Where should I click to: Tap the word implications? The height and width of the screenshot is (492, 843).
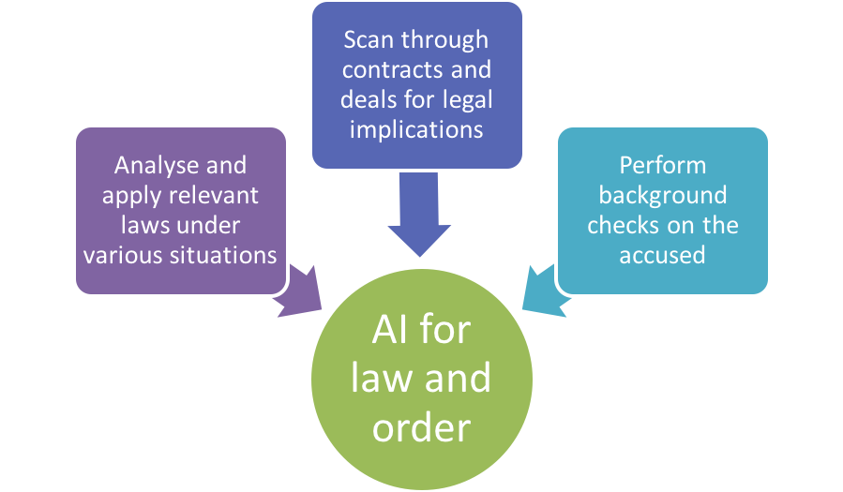416,129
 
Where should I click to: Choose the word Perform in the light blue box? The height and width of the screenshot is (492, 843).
662,165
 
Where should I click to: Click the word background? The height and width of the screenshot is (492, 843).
662,195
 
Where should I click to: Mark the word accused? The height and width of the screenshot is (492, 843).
662,255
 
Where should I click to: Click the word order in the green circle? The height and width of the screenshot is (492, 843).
421,426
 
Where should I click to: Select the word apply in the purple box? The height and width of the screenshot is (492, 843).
131,197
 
